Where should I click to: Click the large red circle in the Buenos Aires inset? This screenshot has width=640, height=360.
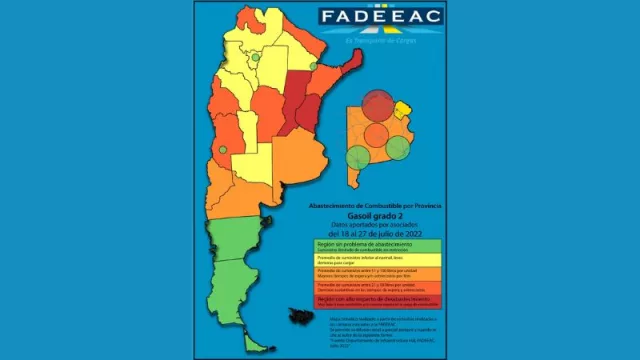[378, 106]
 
